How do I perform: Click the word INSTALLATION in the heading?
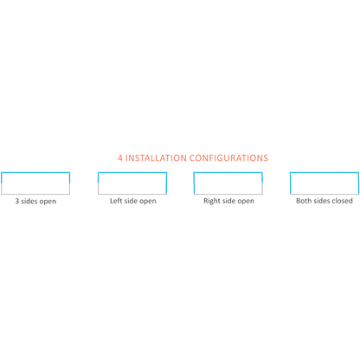click(x=156, y=158)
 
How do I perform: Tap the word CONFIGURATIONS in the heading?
click(x=228, y=158)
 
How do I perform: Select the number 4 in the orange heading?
click(x=120, y=158)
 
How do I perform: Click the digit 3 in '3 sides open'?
click(x=17, y=201)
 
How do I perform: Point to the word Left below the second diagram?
click(x=116, y=201)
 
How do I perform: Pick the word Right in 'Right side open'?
click(x=212, y=201)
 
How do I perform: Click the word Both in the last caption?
click(x=304, y=201)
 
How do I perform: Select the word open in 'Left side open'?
click(x=148, y=202)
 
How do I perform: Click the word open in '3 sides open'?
click(x=48, y=202)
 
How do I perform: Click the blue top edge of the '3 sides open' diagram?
click(x=35, y=172)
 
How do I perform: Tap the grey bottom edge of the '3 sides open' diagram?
click(x=35, y=194)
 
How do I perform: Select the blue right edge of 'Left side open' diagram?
click(x=166, y=183)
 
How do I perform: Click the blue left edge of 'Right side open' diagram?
click(x=194, y=183)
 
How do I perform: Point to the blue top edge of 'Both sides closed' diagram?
click(x=325, y=172)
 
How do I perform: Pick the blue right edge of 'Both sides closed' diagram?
click(x=358, y=183)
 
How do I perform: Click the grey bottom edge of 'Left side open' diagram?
click(x=132, y=194)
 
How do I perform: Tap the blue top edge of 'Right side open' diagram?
click(x=228, y=172)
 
